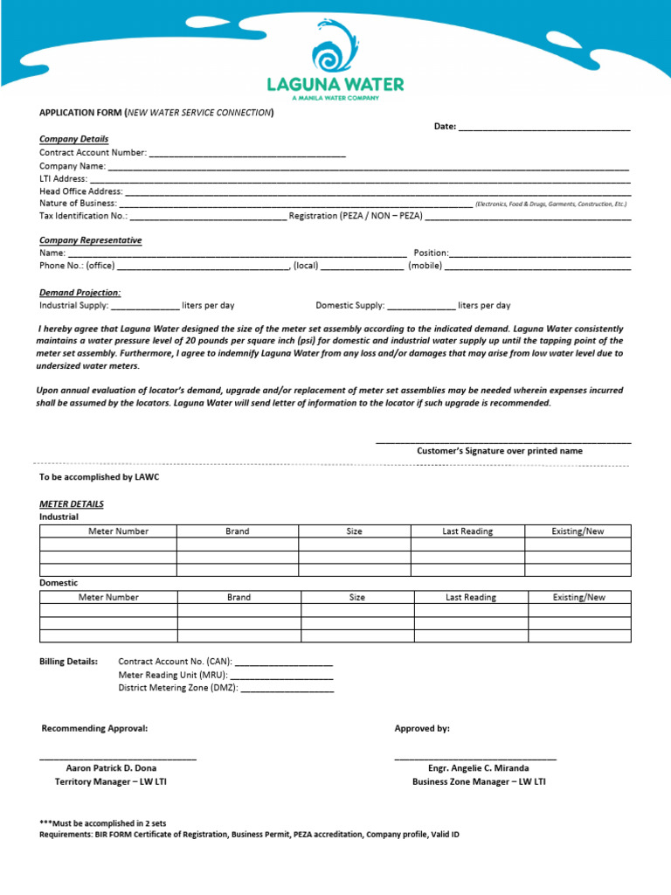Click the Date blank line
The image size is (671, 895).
coord(544,128)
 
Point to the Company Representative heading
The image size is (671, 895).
coord(90,240)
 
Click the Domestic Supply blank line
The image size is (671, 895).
coord(420,308)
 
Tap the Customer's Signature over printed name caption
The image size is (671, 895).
coord(499,451)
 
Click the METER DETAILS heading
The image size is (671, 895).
coord(72,504)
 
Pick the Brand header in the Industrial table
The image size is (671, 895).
coord(237,531)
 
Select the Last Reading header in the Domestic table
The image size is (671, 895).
coord(470,598)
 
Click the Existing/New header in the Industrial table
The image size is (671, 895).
coord(578,531)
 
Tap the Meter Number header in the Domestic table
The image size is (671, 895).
coord(108,598)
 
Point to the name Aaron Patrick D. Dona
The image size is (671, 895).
coord(111,768)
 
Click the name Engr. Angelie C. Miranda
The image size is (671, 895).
coord(479,768)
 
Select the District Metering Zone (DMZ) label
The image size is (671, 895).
coord(178,688)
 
